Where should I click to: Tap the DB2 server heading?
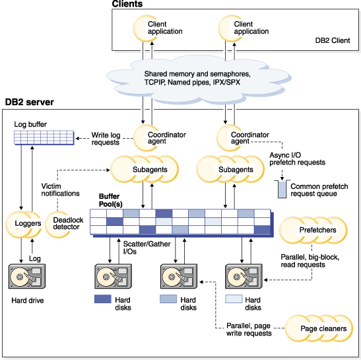(x=30, y=102)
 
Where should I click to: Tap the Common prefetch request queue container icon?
(x=282, y=190)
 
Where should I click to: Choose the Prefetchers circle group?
(x=313, y=231)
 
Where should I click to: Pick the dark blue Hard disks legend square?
(x=103, y=299)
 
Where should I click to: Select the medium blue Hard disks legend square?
(x=169, y=299)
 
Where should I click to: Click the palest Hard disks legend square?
(x=234, y=299)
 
